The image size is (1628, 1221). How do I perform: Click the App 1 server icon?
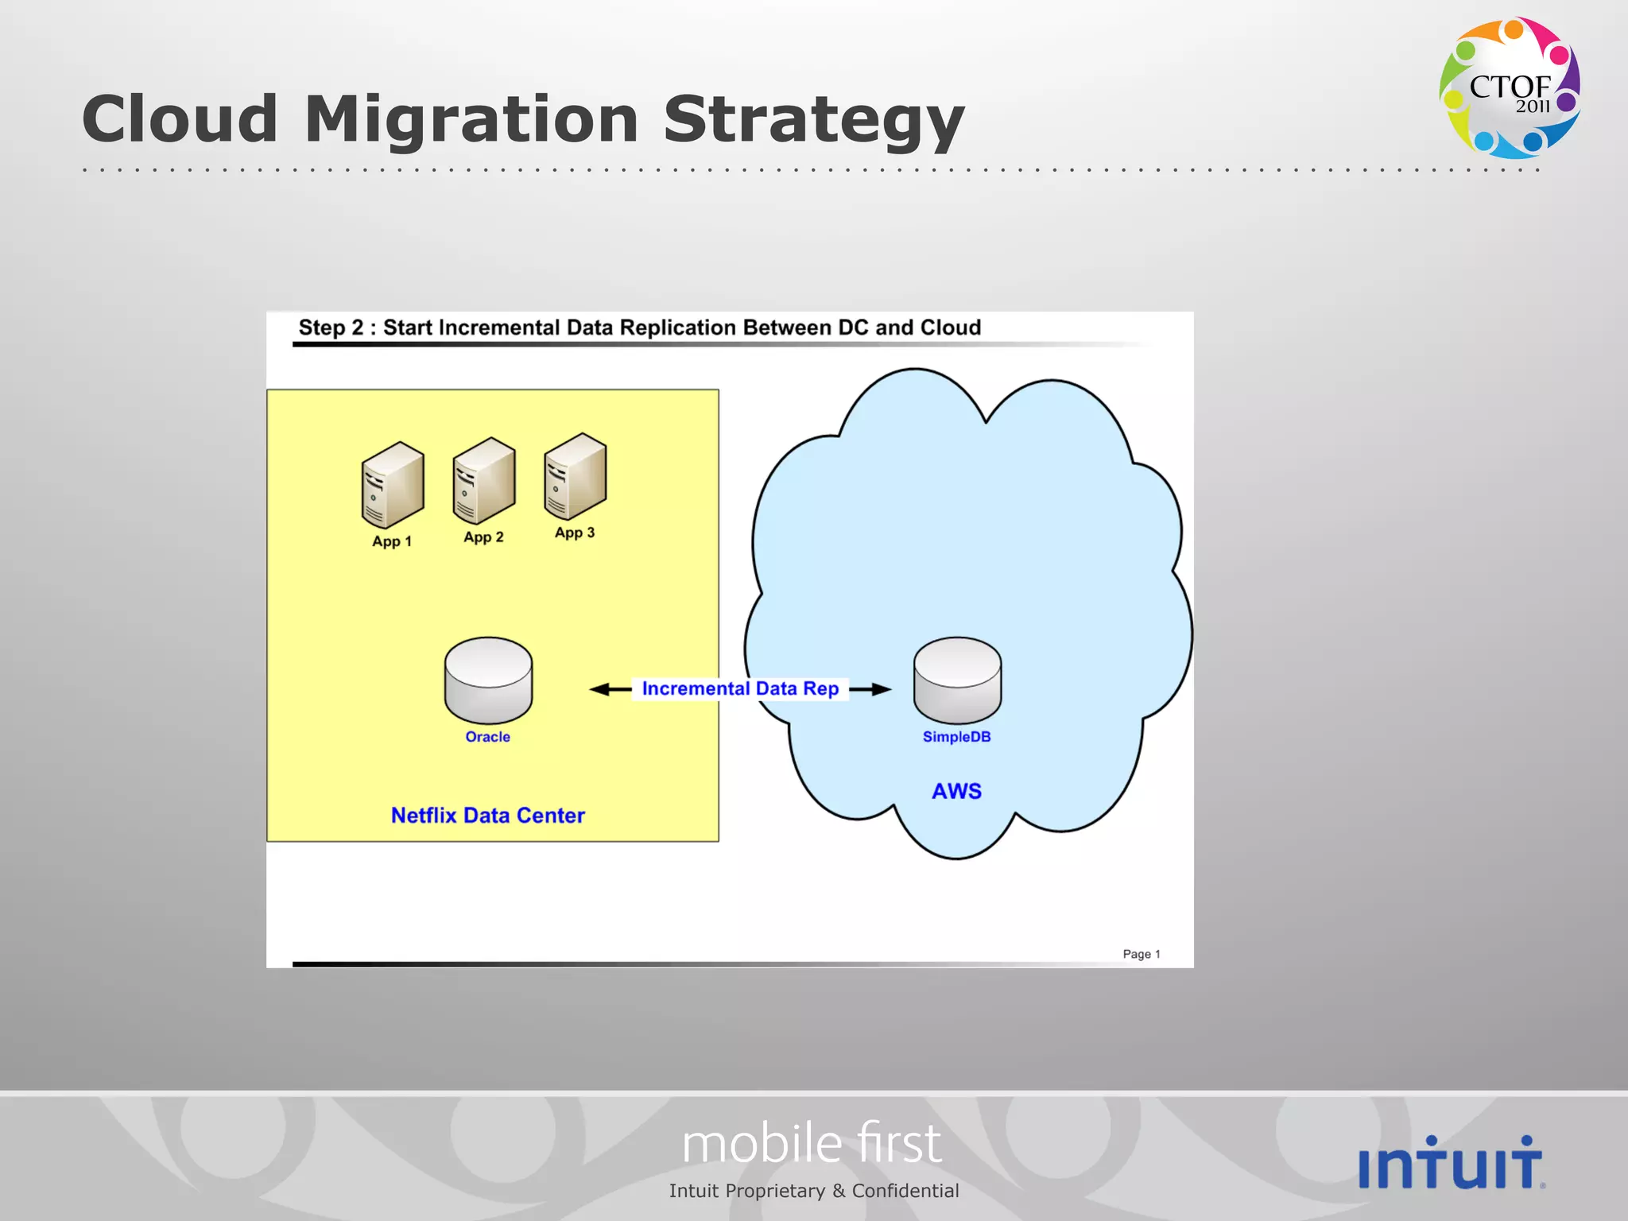click(x=393, y=485)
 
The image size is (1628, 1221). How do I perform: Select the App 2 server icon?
click(x=484, y=481)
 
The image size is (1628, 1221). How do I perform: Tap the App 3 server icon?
click(x=576, y=476)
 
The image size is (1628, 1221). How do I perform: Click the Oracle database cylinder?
click(x=488, y=680)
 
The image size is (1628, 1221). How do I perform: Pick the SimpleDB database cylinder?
click(x=957, y=680)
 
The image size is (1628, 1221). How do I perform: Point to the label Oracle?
click(x=488, y=737)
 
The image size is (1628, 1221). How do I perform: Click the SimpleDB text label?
click(x=956, y=737)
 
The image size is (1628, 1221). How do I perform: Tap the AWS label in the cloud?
click(x=956, y=791)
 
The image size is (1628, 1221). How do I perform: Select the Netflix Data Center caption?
click(x=488, y=816)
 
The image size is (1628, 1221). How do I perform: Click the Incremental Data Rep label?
click(x=740, y=688)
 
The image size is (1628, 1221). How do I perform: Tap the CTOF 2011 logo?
click(x=1510, y=87)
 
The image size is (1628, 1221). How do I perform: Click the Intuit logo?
click(x=1452, y=1163)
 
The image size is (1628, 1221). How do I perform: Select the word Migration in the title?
click(x=471, y=119)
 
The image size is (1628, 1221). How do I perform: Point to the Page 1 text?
click(x=1142, y=954)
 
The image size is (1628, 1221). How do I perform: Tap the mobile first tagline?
click(x=812, y=1144)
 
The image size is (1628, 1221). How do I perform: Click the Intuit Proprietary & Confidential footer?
click(x=814, y=1191)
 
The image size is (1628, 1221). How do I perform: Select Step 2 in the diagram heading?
click(x=331, y=328)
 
